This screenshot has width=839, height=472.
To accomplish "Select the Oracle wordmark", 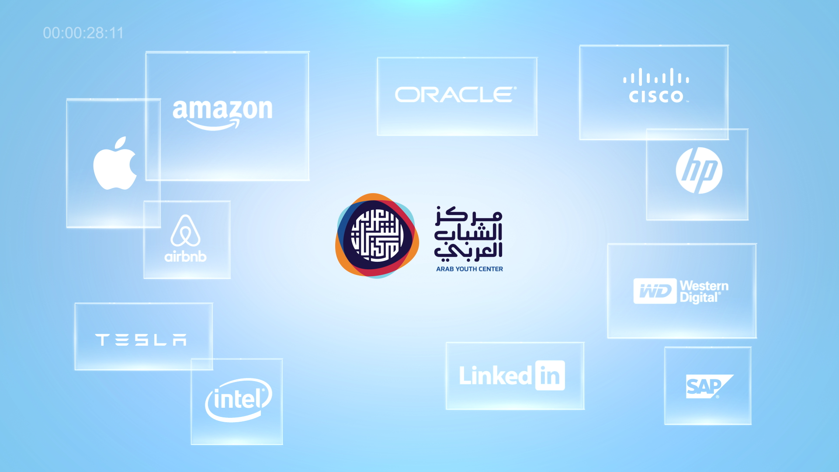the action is click(x=456, y=95).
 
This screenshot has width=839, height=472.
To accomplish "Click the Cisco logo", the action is click(x=656, y=87).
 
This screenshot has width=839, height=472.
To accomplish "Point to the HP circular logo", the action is click(x=699, y=170).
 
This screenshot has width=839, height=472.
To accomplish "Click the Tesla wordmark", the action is click(x=141, y=340).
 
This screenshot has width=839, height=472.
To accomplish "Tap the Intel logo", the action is click(x=239, y=400).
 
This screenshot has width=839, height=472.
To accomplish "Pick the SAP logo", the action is click(x=708, y=386).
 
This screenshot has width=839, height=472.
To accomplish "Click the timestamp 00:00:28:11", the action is click(x=83, y=33).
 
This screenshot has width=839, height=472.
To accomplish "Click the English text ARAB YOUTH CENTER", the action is click(x=469, y=269).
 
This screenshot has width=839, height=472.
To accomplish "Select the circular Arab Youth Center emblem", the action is click(x=377, y=236).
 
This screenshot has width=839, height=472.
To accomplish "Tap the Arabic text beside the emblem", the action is click(x=468, y=233).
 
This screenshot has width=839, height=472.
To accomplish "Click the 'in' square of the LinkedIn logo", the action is click(x=550, y=375).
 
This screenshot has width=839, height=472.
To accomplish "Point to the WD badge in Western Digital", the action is click(x=655, y=291).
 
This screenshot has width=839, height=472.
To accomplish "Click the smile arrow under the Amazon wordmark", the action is click(x=214, y=126).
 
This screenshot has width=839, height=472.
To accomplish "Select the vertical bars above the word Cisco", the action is click(x=656, y=78).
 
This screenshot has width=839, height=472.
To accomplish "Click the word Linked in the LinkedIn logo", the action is click(x=495, y=376).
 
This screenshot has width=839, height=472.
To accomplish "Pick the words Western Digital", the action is click(x=704, y=292).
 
